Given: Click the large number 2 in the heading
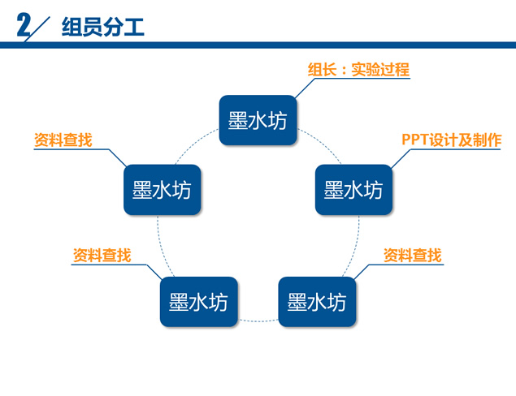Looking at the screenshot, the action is point(24,25).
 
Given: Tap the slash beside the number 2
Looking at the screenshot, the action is point(37,29).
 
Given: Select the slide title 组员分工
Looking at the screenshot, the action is point(103,27).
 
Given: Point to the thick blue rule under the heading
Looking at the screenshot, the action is point(258,45).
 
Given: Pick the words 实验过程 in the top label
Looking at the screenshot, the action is point(380,70).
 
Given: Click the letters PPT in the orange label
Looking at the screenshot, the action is point(415,140).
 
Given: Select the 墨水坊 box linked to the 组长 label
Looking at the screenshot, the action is point(258,120).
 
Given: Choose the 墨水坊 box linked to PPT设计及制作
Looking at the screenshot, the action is point(353,190).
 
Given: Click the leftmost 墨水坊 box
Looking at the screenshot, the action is point(163,190).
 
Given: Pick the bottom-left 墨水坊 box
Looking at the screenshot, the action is point(199,302).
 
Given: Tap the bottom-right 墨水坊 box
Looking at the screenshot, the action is point(317,302).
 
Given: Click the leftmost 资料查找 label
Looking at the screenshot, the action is point(63,140).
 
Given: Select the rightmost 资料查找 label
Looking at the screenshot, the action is point(412,256).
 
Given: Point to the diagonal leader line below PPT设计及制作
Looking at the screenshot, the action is point(401,159).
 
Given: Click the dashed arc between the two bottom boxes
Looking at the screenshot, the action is point(258,321).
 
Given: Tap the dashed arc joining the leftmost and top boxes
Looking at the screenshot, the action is point(194,144).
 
